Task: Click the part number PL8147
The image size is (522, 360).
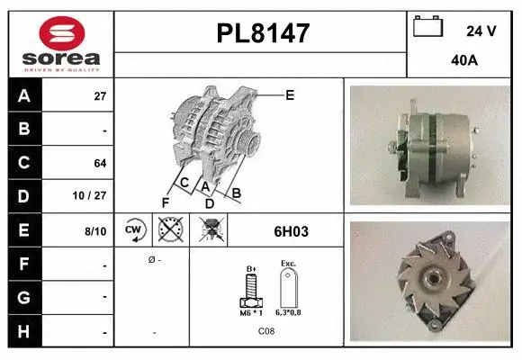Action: (x=263, y=33)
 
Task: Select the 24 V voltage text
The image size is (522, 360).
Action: (x=481, y=31)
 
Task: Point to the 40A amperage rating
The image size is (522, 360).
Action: (x=464, y=60)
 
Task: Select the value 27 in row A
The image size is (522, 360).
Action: (x=100, y=96)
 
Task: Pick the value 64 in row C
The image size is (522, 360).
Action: (x=100, y=163)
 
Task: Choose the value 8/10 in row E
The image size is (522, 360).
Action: (x=95, y=231)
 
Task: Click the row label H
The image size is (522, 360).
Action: (x=24, y=331)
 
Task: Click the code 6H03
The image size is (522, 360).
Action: (x=291, y=231)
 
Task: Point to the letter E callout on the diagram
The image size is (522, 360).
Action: (x=290, y=94)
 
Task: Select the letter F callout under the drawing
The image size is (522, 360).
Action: (x=165, y=201)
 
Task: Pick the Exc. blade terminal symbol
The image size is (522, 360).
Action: (x=288, y=290)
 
